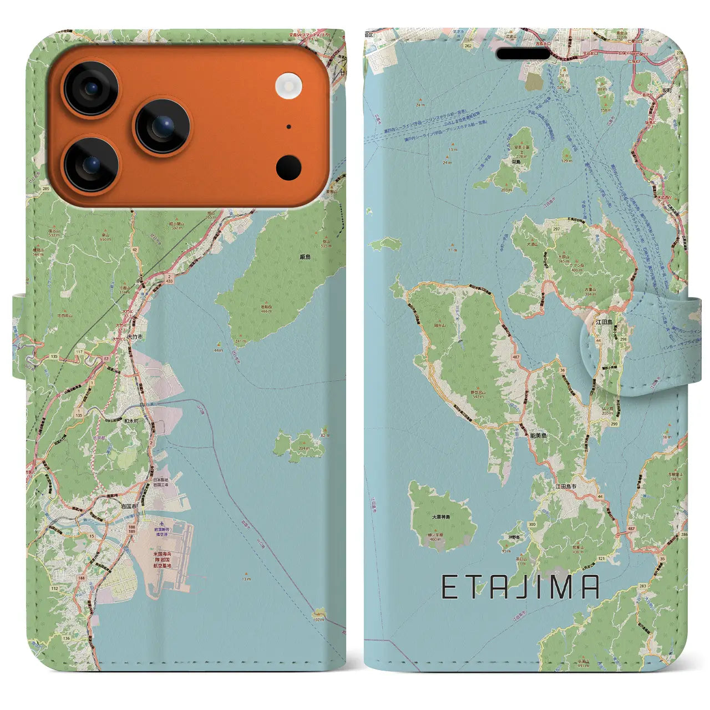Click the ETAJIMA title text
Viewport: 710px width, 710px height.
click(520, 587)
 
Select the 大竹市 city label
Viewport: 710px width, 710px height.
click(135, 337)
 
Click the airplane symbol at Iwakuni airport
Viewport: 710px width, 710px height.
click(161, 524)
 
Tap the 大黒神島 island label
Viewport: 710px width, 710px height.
click(441, 517)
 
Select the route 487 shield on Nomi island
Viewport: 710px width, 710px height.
click(516, 357)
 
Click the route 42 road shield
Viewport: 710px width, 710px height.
click(134, 250)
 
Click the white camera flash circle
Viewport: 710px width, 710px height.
click(288, 86)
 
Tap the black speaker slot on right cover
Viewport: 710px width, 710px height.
click(524, 54)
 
